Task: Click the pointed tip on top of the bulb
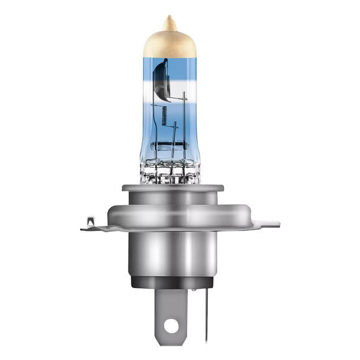click(169, 19)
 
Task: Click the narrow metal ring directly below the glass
click(169, 187)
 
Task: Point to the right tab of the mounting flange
click(264, 224)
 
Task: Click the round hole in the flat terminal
click(172, 325)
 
